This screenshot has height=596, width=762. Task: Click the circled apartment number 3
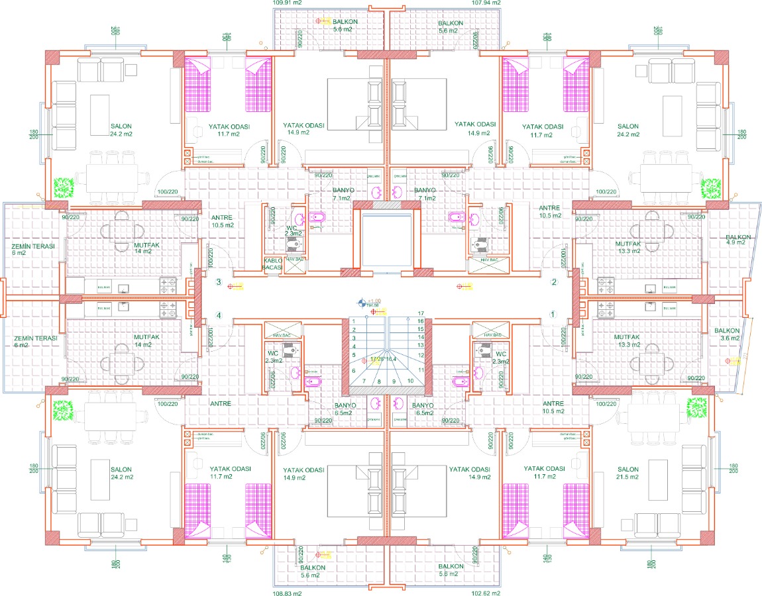(x=219, y=282)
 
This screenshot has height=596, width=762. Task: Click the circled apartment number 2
(x=554, y=282)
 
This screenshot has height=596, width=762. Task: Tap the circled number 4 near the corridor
(x=219, y=315)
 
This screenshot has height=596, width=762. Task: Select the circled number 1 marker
(x=554, y=315)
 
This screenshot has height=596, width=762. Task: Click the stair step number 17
(x=420, y=313)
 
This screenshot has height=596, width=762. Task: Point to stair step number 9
(x=394, y=381)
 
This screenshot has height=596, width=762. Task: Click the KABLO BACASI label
(x=274, y=264)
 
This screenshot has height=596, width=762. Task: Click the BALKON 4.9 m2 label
(x=738, y=240)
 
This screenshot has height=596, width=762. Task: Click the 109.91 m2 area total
(x=287, y=3)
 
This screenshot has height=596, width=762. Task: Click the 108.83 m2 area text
(x=287, y=593)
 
